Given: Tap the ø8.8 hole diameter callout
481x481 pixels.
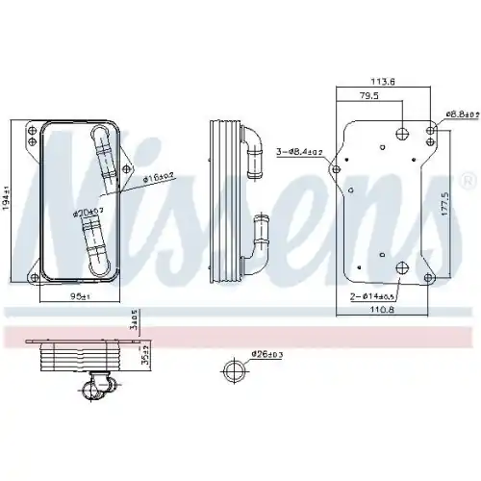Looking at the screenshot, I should (x=461, y=113).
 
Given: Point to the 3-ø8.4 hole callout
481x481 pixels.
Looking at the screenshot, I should (x=301, y=150).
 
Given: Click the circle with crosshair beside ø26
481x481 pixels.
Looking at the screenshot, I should (x=233, y=369).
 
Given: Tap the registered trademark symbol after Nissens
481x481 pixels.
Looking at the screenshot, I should (x=468, y=181).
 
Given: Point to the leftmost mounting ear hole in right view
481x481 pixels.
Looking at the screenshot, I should (x=335, y=169).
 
